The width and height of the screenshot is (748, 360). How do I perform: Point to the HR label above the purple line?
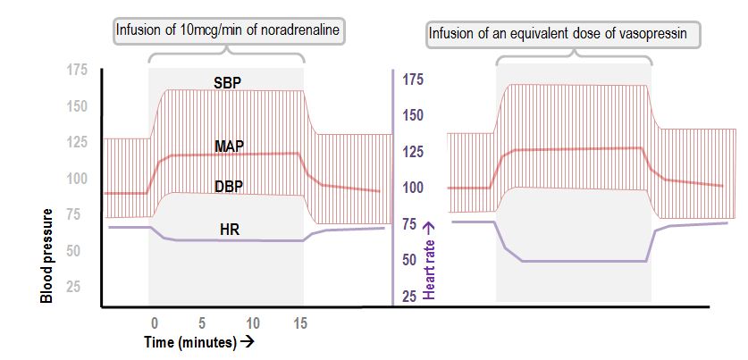pos(229,230)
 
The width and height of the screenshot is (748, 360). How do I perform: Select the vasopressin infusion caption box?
pos(563,36)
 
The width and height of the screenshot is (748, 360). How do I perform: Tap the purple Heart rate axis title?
pos(429,255)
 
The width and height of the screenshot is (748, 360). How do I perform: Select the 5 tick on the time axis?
pos(203,322)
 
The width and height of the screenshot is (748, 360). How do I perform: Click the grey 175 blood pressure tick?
pos(79,71)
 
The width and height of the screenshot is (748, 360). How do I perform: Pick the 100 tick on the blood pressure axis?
pos(79,179)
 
